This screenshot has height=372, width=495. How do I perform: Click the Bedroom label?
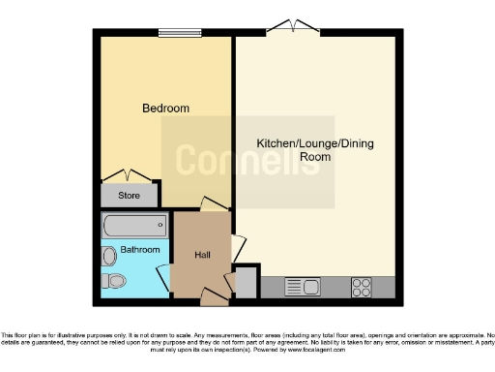point(165,108)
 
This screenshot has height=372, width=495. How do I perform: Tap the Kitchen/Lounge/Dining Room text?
point(314,149)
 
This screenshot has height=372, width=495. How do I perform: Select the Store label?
point(129,196)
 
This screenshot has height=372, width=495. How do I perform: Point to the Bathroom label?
point(139,250)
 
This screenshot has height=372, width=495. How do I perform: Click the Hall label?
point(202,255)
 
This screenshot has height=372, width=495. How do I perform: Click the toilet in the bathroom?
point(115,282)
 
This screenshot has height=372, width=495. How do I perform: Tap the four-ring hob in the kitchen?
point(363,287)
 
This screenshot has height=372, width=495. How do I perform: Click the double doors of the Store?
point(128,175)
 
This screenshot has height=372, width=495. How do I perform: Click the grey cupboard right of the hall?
point(246,282)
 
